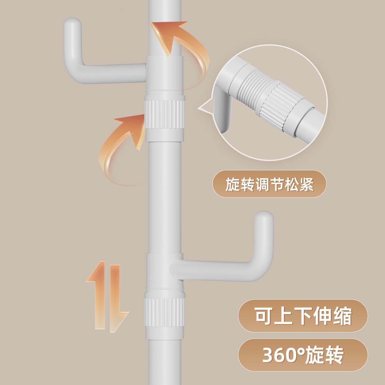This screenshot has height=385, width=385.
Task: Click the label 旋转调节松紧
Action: click(x=269, y=184)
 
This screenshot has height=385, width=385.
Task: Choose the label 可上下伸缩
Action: click(x=303, y=316)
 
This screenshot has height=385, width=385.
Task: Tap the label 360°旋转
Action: click(x=303, y=355)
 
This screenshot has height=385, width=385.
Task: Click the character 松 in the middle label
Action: click(x=291, y=184)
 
